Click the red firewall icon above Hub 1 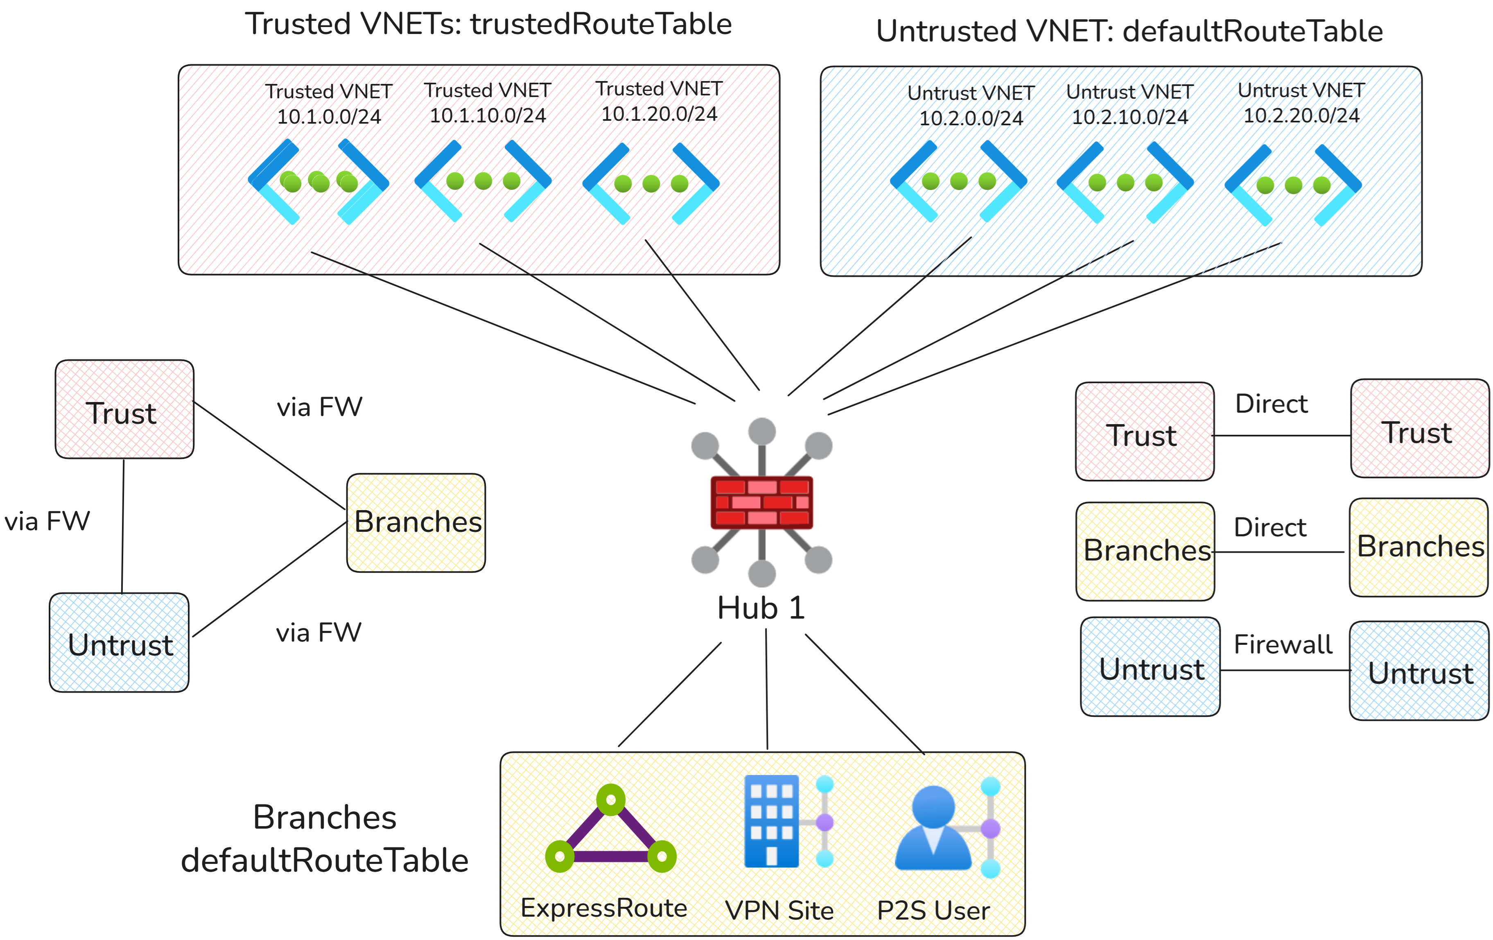(x=761, y=502)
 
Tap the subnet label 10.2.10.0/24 (x=1129, y=117)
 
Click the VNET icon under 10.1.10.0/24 (x=483, y=181)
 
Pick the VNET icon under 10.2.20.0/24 (x=1293, y=185)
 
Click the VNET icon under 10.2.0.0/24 (x=958, y=181)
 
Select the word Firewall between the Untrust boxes (x=1282, y=644)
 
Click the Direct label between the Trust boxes (x=1271, y=404)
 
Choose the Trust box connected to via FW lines (x=124, y=409)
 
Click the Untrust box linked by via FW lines (x=119, y=642)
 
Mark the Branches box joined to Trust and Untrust (x=416, y=523)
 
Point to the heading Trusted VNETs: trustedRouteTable (x=488, y=24)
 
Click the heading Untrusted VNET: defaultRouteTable (x=1129, y=31)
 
